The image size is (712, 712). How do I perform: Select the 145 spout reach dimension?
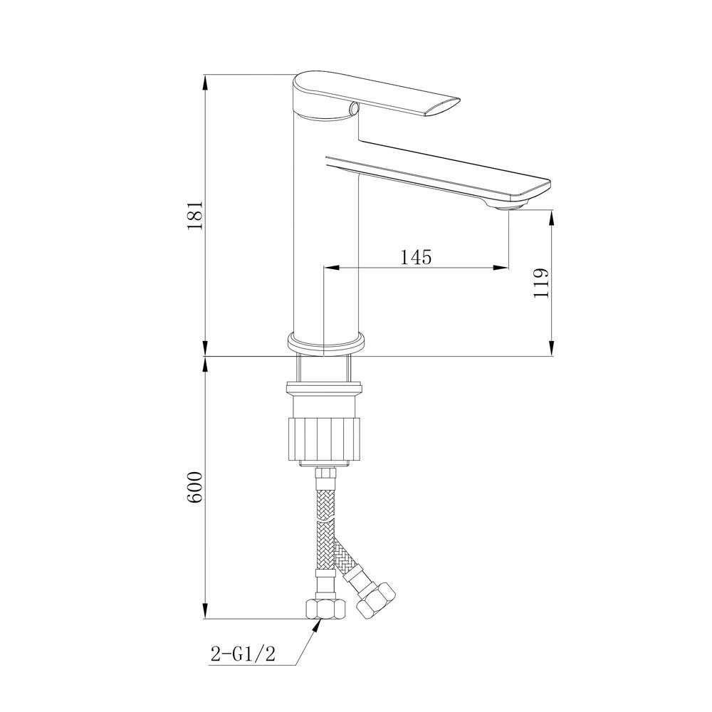[x=416, y=257]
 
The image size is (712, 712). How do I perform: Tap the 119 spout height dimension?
[x=541, y=283]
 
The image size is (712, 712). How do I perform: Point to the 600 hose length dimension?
[x=194, y=487]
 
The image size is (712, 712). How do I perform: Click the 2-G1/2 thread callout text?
[x=243, y=654]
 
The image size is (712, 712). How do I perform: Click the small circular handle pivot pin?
[x=354, y=108]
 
